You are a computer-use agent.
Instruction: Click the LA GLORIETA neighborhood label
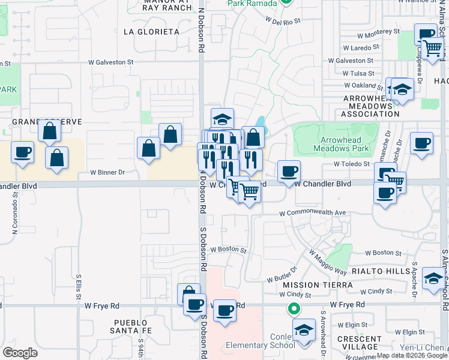click(151, 31)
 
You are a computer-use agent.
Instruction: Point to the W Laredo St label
click(361, 46)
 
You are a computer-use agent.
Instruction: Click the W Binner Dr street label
click(107, 172)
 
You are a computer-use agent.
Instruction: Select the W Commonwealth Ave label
click(312, 212)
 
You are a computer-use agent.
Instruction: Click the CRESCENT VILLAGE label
click(360, 343)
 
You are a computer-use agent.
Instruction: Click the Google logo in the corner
click(20, 352)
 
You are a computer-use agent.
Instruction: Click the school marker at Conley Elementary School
click(304, 330)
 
